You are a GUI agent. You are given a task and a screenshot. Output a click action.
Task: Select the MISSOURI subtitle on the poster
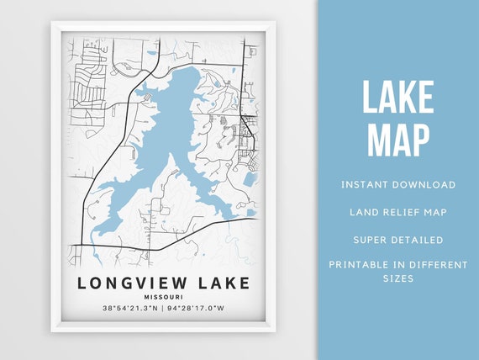[164, 297]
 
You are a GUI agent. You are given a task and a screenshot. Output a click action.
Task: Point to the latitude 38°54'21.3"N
[130, 310]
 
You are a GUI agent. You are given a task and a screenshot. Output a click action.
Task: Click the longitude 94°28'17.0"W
[198, 310]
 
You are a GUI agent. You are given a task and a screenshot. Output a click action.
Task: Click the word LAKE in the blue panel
[398, 98]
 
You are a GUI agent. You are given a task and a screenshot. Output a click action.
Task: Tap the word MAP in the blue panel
[398, 139]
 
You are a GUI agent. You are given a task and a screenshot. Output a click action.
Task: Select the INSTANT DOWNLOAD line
[398, 184]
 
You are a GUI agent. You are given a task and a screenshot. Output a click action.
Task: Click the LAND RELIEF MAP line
[398, 212]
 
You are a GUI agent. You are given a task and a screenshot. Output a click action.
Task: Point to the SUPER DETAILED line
[398, 240]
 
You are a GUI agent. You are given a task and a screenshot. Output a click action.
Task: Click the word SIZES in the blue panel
[398, 278]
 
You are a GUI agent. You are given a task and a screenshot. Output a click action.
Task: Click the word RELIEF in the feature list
[398, 212]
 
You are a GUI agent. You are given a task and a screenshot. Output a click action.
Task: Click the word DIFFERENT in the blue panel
[439, 265]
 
